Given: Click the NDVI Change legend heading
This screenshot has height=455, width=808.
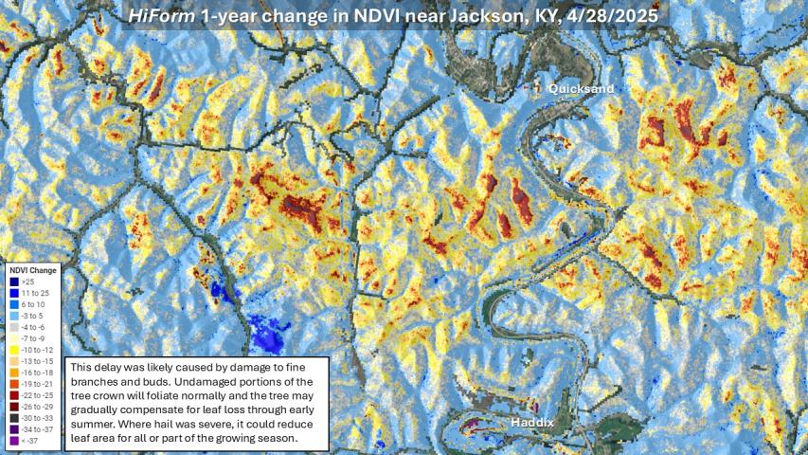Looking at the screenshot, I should click(31, 270).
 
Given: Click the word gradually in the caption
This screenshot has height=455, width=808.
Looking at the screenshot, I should click(98, 409).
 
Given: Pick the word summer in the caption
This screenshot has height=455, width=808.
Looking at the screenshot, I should click(97, 424).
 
